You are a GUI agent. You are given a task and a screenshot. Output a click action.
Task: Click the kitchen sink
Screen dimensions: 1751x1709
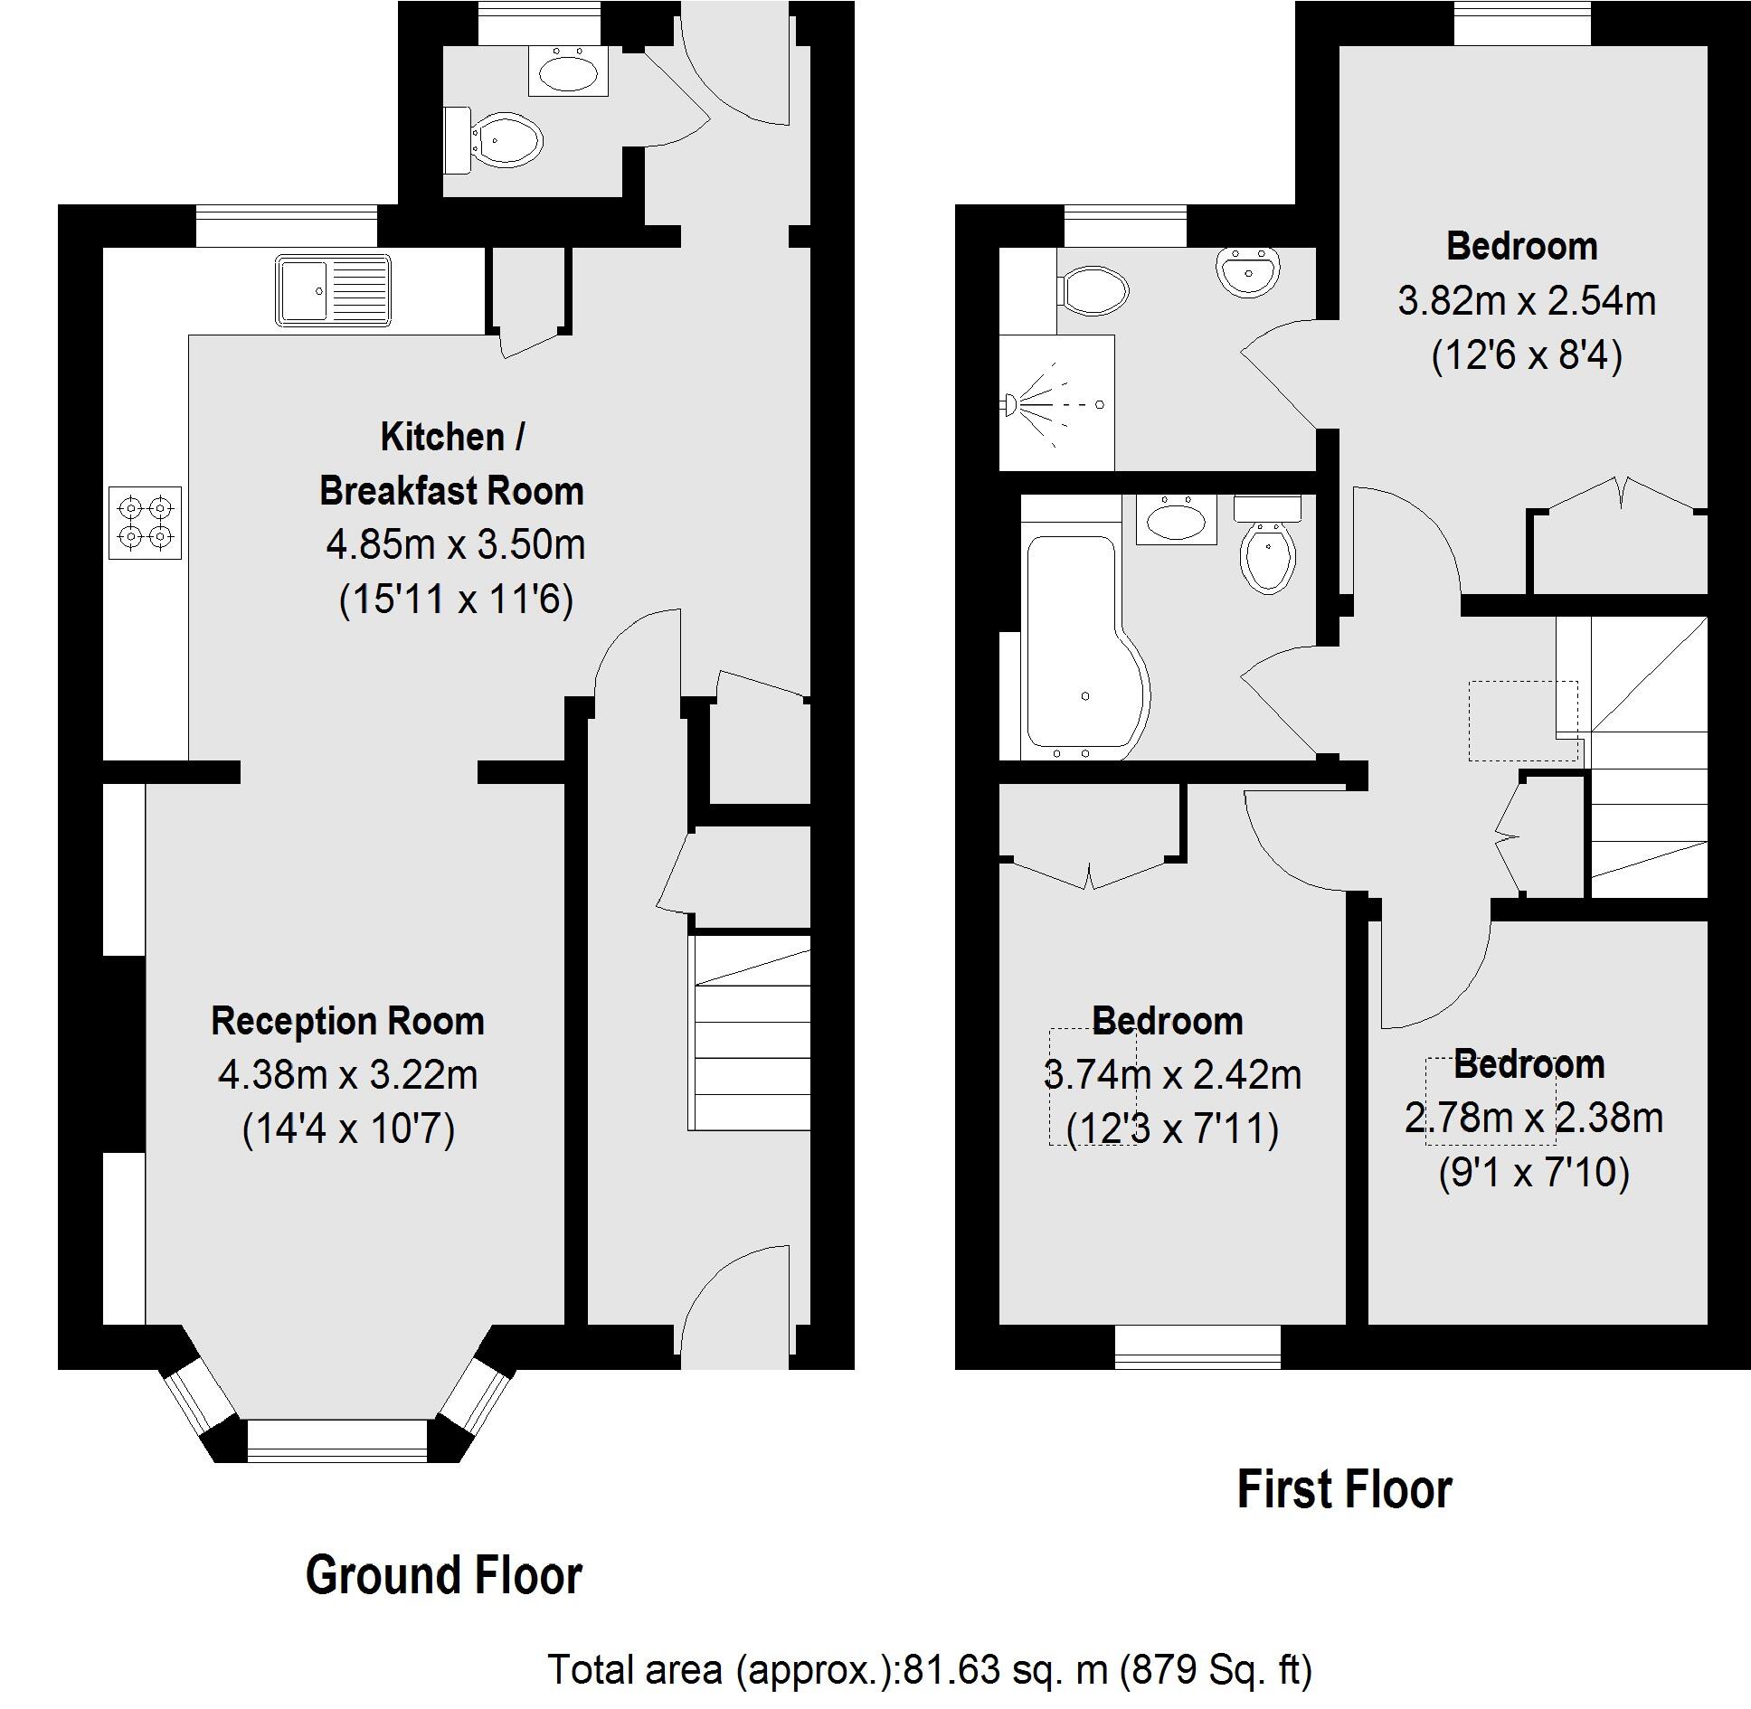point(334,290)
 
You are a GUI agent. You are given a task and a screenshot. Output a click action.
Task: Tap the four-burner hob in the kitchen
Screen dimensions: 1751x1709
point(145,523)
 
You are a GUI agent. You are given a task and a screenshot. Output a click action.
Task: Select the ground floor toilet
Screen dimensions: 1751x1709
point(493,141)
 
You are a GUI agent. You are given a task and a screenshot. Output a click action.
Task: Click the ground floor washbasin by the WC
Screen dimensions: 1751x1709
point(568,71)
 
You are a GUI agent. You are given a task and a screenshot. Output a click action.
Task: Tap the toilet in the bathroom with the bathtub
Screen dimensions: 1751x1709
point(1268,543)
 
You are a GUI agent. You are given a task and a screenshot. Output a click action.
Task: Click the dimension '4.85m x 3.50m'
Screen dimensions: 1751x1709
point(456,544)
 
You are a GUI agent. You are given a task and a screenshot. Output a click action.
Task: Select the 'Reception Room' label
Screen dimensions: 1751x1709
point(348,1021)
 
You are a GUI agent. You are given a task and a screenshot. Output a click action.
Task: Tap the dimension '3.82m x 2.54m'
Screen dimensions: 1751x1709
point(1527,300)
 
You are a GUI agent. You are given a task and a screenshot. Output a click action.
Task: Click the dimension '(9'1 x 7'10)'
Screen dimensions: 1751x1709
point(1534,1173)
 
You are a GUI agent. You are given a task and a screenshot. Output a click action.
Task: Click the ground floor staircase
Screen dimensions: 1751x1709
point(749,1032)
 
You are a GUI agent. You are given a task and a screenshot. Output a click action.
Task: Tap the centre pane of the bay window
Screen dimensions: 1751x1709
point(336,1441)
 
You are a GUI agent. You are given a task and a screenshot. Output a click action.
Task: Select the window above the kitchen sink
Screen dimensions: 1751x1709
point(287,225)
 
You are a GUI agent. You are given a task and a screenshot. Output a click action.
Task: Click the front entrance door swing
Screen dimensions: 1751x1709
point(734,1301)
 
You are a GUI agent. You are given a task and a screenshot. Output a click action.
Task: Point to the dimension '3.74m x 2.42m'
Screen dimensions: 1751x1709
point(1173,1075)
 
